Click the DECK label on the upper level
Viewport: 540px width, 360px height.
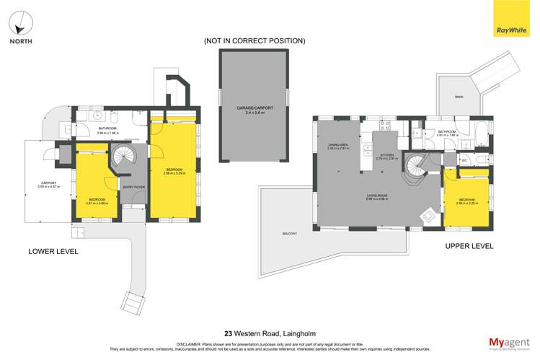pos(459,97)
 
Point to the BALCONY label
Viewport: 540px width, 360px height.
pos(290,234)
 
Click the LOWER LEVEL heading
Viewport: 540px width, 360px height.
pos(53,251)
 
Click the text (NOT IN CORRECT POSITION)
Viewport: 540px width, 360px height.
pos(254,41)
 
